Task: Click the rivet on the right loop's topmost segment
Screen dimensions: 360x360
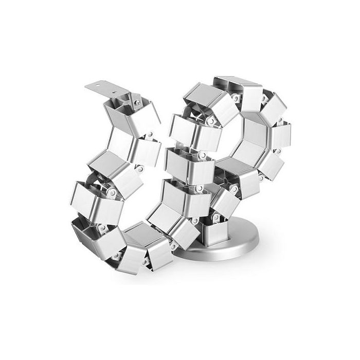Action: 236,96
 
